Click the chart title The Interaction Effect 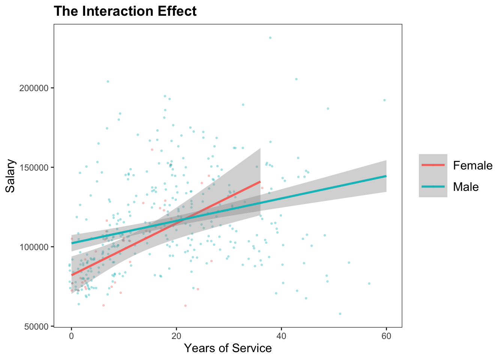[125, 11]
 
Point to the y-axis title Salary [10, 176]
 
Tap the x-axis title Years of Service [228, 348]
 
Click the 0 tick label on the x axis [71, 336]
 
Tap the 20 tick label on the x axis [176, 336]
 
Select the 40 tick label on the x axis [281, 336]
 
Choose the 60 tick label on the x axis [386, 336]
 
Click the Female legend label [472, 165]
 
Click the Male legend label [466, 187]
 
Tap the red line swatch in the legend [433, 165]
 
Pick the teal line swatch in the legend [433, 186]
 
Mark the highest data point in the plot [270, 37]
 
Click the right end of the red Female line [260, 181]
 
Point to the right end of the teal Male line [386, 176]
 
